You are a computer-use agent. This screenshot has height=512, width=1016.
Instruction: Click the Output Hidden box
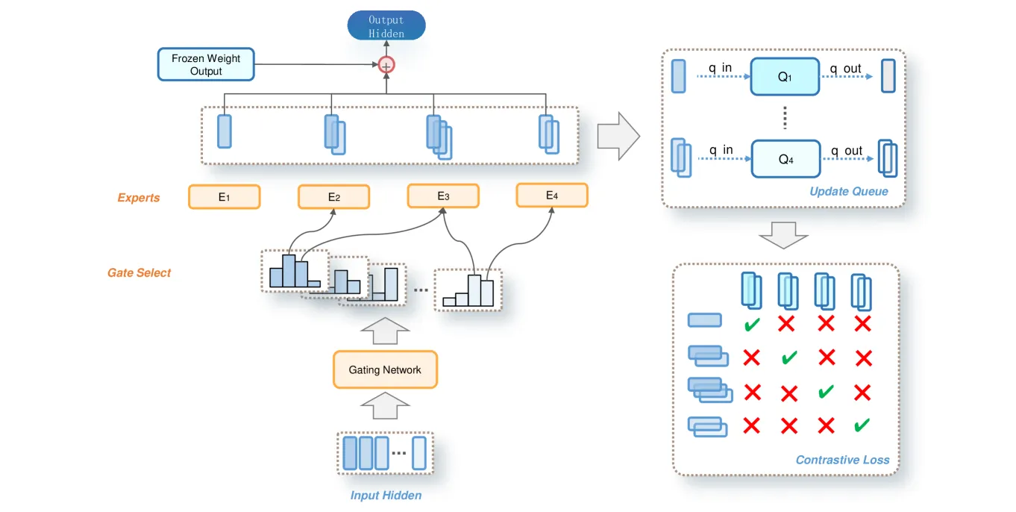[386, 25]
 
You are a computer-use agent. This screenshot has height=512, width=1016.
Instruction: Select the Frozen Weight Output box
[206, 64]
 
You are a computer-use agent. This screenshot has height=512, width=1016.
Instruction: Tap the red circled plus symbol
[386, 65]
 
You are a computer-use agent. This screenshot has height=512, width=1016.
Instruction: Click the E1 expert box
[224, 197]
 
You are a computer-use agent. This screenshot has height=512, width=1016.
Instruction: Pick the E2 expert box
[333, 197]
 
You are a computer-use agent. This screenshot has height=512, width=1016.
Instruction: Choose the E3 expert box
[443, 196]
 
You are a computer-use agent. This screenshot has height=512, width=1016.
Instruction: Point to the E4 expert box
[552, 196]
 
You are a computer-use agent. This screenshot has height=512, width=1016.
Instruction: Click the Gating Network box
[385, 369]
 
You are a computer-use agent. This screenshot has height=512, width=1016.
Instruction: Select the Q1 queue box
[785, 77]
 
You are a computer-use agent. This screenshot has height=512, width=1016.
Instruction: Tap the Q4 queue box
[785, 158]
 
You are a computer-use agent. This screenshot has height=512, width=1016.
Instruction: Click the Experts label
[139, 198]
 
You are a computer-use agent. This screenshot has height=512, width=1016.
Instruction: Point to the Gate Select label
[139, 273]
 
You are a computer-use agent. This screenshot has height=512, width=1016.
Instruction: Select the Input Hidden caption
[386, 496]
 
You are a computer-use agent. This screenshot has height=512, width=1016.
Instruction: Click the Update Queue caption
[849, 192]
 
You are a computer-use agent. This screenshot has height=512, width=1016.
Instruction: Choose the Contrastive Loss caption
[842, 460]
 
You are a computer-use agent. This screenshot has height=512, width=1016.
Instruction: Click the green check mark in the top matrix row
[752, 325]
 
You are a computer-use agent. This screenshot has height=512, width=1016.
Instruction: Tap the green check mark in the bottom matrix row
[862, 425]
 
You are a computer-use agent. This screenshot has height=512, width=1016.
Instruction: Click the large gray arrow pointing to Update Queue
[618, 137]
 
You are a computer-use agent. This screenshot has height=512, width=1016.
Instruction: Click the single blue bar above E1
[225, 131]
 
